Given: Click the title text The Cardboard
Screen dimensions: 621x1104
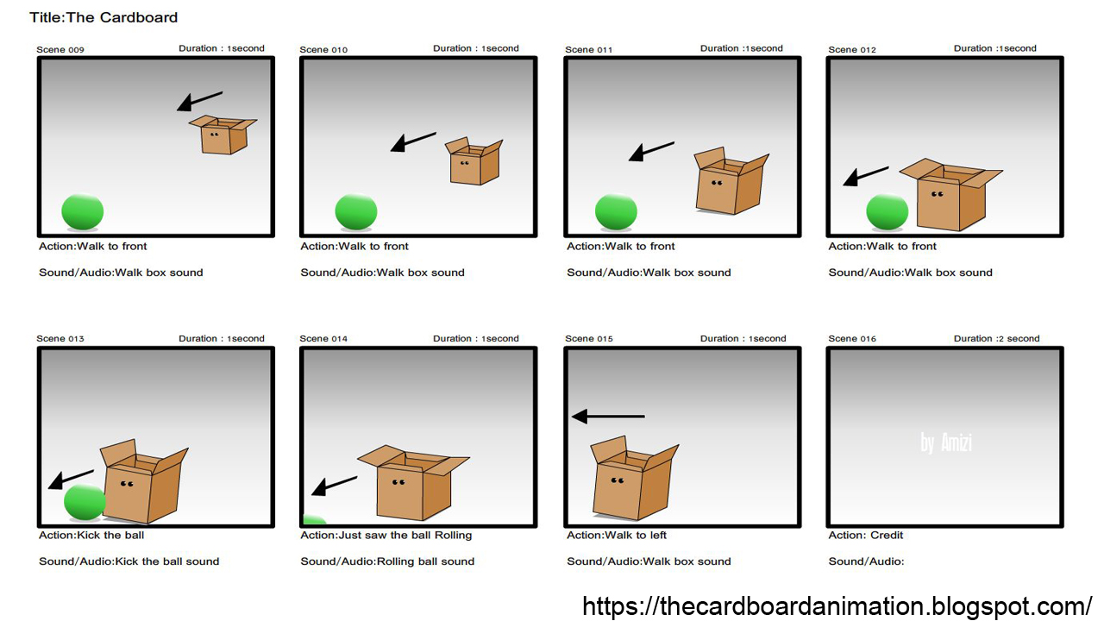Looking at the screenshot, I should point(103,17).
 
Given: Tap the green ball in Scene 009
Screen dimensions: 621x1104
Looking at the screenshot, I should point(83,212).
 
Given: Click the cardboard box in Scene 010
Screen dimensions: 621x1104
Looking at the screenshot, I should point(474,162).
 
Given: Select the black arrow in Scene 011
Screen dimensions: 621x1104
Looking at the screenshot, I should point(651,152).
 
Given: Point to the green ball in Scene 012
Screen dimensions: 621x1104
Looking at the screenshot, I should point(887,212).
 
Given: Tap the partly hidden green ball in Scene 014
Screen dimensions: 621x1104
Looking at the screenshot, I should point(314,520).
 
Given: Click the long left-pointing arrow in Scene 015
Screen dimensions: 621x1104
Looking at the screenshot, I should point(608,417).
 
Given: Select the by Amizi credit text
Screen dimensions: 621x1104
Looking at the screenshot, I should point(945,443).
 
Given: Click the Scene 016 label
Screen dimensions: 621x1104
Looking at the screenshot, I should point(852,339).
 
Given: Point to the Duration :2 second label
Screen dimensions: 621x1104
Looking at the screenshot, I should point(996,339).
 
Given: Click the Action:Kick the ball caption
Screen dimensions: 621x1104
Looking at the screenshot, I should point(91,536).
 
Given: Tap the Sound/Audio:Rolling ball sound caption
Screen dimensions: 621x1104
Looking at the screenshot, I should point(387,561).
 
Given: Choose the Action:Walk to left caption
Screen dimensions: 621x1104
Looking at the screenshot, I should point(617,536).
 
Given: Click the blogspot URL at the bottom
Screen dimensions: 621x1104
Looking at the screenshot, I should point(837,605).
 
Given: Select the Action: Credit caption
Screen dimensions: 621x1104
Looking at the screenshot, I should point(866,536).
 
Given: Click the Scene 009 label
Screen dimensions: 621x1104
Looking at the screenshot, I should point(60,50).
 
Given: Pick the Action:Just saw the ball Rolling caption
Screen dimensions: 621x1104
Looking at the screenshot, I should point(386,536).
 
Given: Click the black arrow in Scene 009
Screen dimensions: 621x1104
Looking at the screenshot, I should point(199,101).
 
